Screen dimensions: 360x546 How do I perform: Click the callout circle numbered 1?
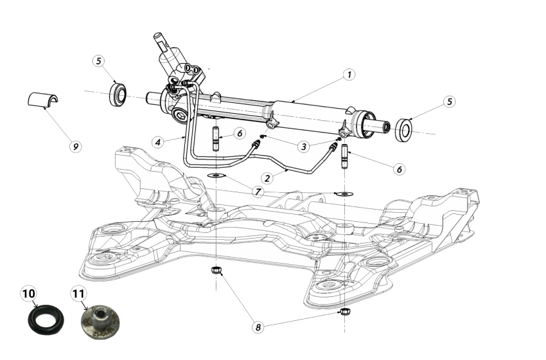348,75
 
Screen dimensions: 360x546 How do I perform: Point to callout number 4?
157,140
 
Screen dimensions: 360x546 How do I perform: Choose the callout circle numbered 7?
258,192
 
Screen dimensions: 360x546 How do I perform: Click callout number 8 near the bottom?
258,327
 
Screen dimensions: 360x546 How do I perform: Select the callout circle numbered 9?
76,146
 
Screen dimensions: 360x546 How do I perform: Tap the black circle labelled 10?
29,294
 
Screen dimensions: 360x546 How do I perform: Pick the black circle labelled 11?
78,294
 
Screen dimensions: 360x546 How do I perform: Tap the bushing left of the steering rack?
118,93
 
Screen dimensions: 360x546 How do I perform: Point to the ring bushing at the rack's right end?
404,129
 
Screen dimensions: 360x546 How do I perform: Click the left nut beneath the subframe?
216,270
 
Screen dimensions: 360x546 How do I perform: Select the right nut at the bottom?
345,312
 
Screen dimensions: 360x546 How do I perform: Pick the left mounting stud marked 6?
216,137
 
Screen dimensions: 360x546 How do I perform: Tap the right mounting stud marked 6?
345,154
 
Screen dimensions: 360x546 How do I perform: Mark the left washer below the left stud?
216,175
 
